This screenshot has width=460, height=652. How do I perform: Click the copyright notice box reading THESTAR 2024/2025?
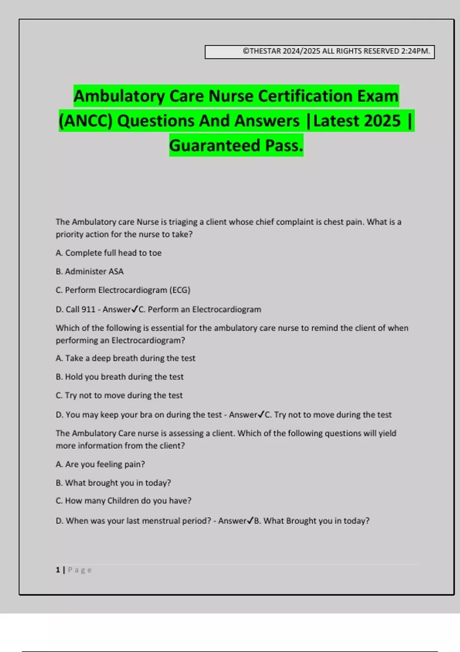[319, 52]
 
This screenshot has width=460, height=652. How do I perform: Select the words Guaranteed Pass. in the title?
[236, 146]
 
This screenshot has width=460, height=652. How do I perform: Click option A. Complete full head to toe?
[108, 253]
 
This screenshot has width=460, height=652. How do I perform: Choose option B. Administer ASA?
[90, 272]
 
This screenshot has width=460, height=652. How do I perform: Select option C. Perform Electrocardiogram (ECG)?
[123, 290]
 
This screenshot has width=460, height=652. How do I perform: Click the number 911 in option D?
[88, 310]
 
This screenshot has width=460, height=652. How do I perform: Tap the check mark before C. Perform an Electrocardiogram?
[135, 309]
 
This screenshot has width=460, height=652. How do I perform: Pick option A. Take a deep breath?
[125, 358]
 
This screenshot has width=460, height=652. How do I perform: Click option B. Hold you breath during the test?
[120, 377]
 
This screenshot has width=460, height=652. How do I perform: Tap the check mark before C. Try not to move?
[261, 414]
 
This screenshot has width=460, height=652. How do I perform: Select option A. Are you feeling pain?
[100, 464]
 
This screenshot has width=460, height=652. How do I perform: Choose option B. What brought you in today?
[113, 483]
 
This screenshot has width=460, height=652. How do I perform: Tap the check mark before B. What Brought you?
[250, 520]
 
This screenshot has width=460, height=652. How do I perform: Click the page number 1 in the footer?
[58, 570]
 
